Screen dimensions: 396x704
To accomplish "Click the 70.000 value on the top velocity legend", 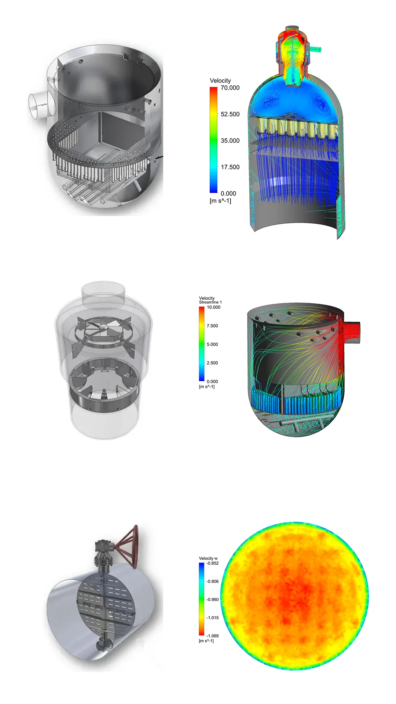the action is (230, 88).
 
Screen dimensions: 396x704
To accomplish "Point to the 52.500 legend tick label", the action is (230, 114).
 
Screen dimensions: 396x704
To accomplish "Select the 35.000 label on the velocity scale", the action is (230, 140).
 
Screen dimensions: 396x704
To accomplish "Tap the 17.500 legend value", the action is (230, 167).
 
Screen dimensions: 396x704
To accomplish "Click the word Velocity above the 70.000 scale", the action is (220, 80).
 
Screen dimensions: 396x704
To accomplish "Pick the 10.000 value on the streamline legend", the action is (213, 307).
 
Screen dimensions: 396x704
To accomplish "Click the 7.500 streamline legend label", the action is (212, 326).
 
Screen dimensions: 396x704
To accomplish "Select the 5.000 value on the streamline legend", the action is (212, 344).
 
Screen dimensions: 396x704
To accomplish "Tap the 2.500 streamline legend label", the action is (212, 363).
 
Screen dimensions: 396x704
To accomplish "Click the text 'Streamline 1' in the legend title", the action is (210, 302).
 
